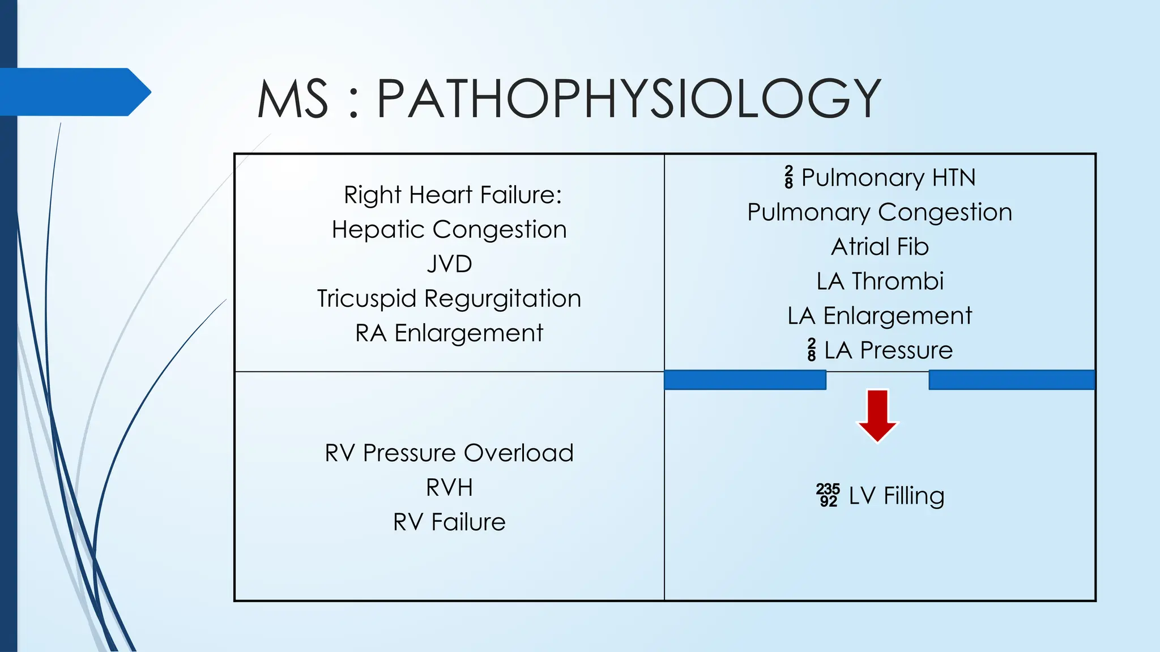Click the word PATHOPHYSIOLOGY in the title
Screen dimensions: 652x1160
click(x=629, y=99)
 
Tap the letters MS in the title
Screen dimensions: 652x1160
click(x=293, y=99)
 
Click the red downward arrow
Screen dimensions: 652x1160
click(x=877, y=415)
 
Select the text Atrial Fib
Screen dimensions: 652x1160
click(x=880, y=247)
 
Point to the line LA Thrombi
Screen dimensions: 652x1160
click(x=880, y=281)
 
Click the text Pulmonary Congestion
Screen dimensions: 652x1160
click(x=880, y=212)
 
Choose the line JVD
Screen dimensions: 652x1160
click(x=449, y=264)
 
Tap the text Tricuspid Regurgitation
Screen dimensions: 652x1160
click(x=449, y=298)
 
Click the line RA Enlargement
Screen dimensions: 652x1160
click(x=449, y=333)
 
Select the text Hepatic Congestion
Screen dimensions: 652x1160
click(x=449, y=229)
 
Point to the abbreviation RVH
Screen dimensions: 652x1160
click(x=449, y=487)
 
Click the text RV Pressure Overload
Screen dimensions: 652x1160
click(x=449, y=453)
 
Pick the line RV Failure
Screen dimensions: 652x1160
click(x=449, y=522)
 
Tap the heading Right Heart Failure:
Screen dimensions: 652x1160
click(x=453, y=195)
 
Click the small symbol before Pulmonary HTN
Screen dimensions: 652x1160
click(x=789, y=177)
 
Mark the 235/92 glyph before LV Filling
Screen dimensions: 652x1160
click(x=828, y=495)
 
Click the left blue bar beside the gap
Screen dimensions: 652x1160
click(x=745, y=380)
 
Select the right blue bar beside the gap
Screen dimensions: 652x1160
click(x=1012, y=380)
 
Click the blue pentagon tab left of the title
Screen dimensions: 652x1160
click(x=74, y=92)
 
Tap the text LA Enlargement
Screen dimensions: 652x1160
click(x=880, y=316)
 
